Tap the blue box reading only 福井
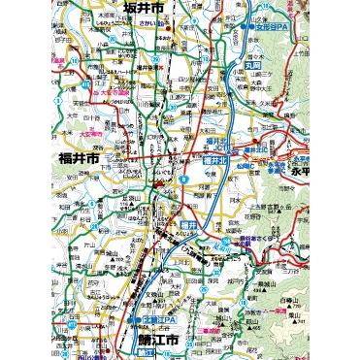(x=215, y=226)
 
